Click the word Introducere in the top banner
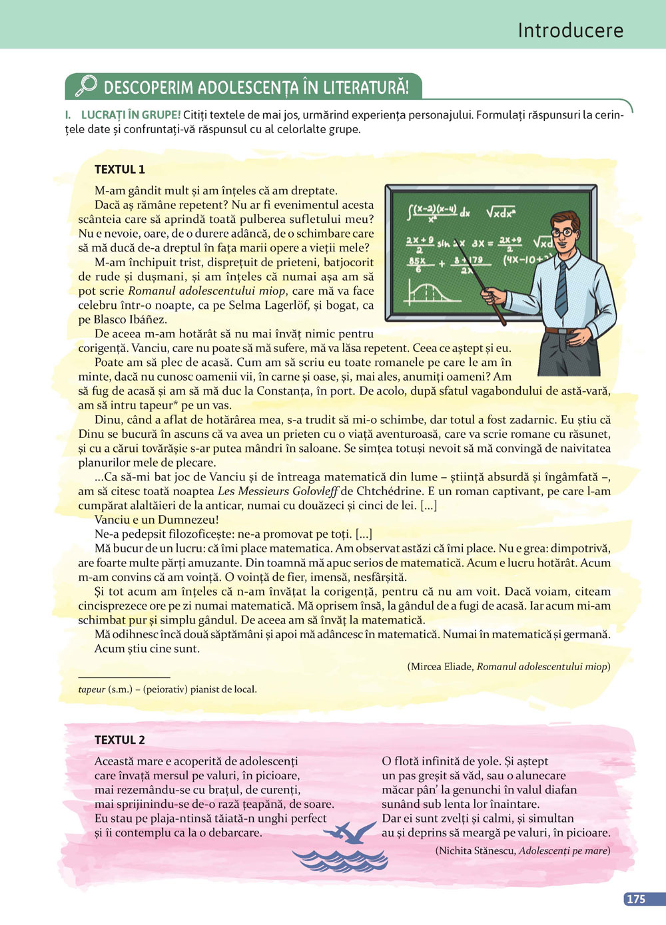click(x=570, y=31)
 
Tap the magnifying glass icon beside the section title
click(x=85, y=87)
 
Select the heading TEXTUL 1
click(x=119, y=169)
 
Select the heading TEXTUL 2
click(x=119, y=739)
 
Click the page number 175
click(x=635, y=898)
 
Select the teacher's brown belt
click(x=563, y=330)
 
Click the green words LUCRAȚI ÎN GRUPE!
click(x=131, y=115)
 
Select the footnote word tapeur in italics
click(x=92, y=689)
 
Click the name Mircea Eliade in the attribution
click(x=441, y=666)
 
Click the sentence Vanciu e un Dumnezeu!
click(x=157, y=520)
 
